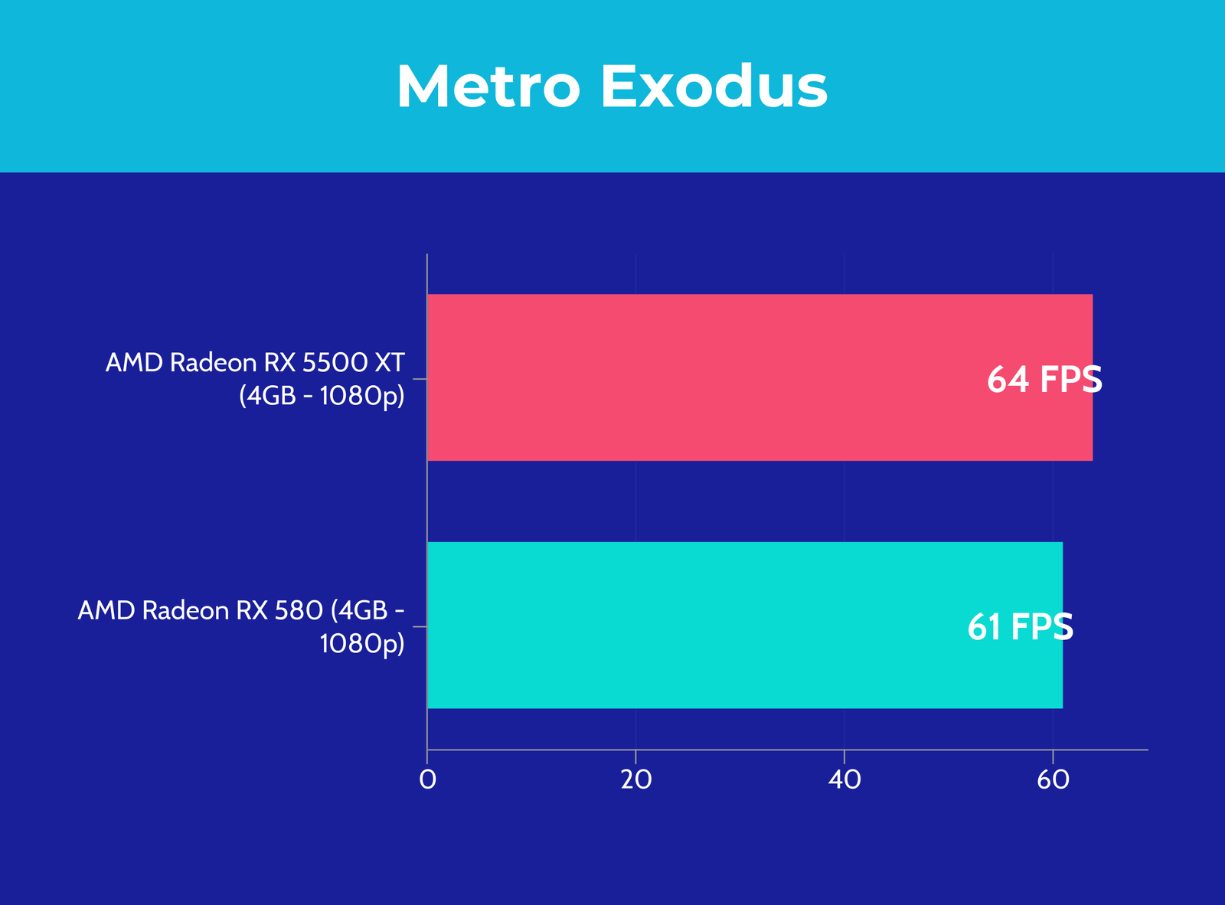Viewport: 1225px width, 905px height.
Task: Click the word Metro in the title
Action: click(488, 87)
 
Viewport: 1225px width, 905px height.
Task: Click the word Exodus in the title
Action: click(714, 87)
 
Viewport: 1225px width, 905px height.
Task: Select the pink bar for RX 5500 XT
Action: click(760, 377)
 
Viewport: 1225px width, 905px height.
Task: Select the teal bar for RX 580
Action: click(745, 625)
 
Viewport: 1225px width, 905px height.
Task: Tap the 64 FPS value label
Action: click(1044, 380)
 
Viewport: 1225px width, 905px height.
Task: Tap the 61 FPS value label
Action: click(1021, 627)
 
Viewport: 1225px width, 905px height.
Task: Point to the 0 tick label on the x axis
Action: click(427, 779)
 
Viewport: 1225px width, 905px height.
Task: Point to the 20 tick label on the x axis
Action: click(636, 779)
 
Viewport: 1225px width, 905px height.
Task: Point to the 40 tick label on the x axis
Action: click(844, 779)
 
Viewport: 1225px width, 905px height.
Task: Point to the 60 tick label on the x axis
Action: click(1053, 779)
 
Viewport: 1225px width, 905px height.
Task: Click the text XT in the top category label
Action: click(390, 363)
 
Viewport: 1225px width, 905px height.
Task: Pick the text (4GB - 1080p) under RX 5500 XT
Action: click(322, 396)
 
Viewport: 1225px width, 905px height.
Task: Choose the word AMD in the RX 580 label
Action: click(106, 610)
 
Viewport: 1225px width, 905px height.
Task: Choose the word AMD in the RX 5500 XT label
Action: click(134, 363)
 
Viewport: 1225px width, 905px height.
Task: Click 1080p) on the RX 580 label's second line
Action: click(362, 644)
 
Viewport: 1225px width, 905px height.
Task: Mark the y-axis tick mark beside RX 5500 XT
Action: click(420, 379)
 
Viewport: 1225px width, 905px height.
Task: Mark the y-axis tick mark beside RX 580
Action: click(420, 626)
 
